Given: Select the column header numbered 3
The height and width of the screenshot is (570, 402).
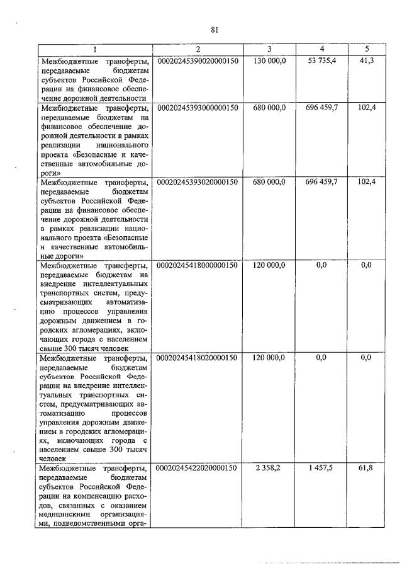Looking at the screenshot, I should click(269, 49).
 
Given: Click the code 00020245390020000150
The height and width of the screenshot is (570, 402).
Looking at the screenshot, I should click(197, 60).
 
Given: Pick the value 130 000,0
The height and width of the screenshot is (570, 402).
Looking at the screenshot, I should click(269, 60).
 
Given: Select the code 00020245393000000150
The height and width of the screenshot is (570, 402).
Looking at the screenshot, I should click(197, 108).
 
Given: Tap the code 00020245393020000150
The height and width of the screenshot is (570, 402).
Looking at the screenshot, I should click(197, 182).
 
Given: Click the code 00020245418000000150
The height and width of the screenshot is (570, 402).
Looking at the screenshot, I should click(197, 265).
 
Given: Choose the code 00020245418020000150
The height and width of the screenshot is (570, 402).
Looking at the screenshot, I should click(197, 358).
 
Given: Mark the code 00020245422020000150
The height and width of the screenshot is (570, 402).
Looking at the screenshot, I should click(197, 469).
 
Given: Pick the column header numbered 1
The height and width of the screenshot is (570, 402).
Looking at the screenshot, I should click(94, 49).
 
